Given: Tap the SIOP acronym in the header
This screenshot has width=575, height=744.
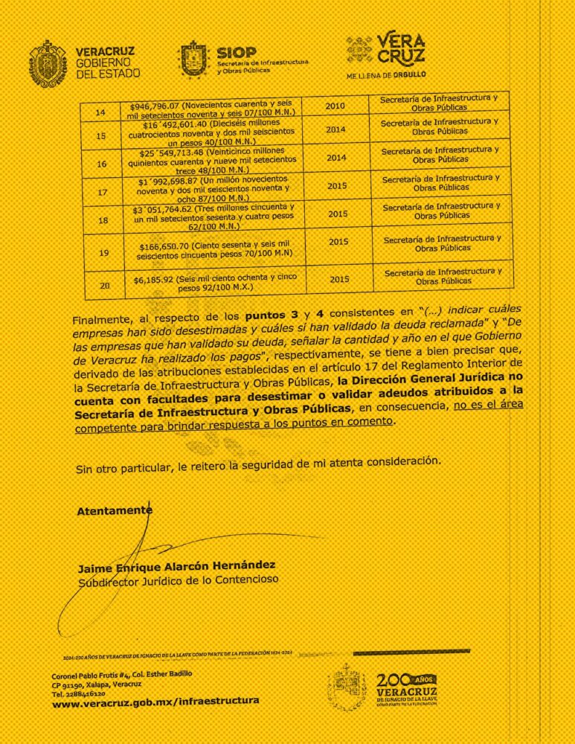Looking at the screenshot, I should point(236,51).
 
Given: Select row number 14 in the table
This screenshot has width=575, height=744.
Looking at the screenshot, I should point(103,112).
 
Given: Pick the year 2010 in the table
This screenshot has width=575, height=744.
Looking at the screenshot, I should point(335,106).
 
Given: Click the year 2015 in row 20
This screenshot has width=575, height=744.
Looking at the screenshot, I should point(338,279).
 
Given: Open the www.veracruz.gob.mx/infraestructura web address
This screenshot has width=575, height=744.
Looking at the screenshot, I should point(155,702).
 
